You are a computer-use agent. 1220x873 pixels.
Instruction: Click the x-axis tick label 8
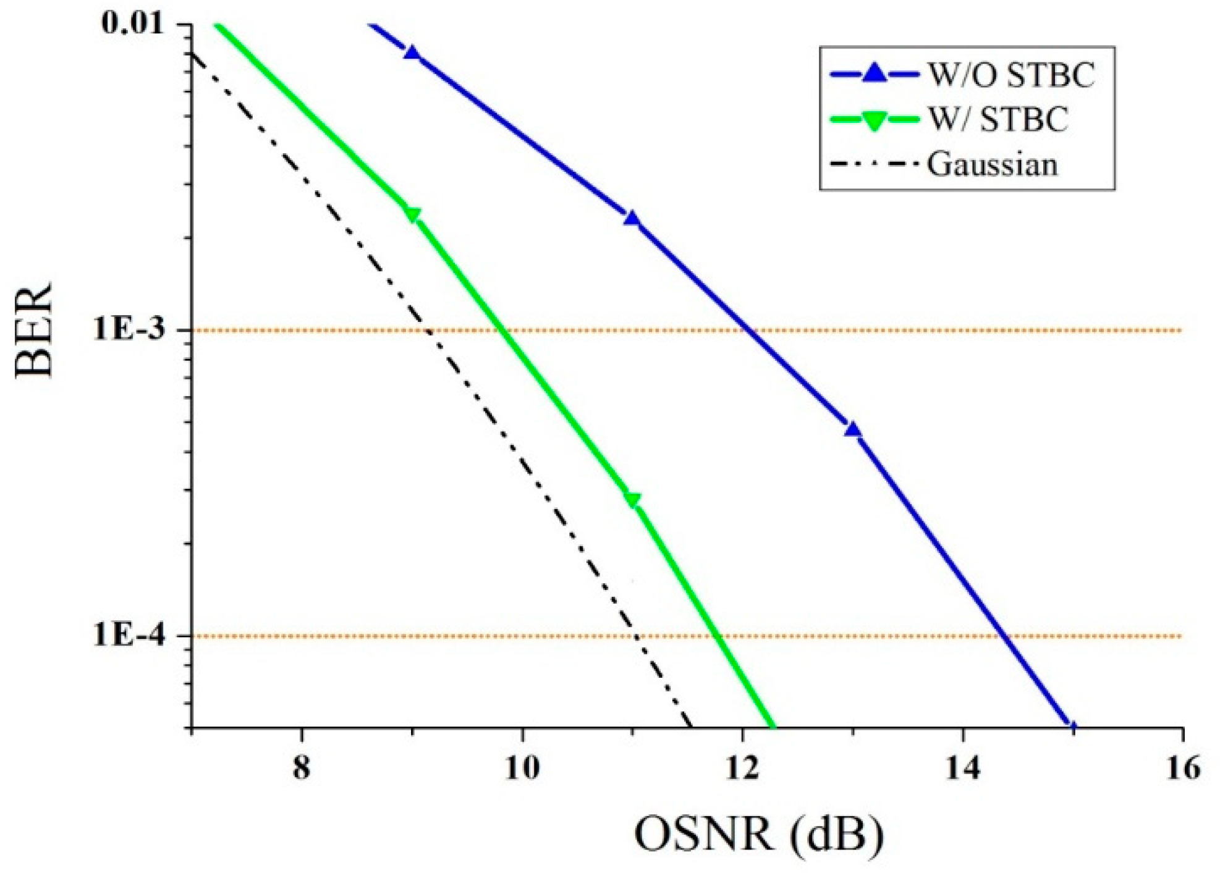point(301,769)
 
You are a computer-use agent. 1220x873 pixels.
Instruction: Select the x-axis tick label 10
point(522,769)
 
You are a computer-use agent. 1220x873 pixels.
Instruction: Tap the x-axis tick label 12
point(742,769)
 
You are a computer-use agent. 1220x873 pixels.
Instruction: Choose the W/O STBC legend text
point(1012,76)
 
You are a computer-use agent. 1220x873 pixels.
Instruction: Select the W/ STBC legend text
point(998,119)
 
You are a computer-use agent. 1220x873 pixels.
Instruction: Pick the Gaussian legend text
point(992,164)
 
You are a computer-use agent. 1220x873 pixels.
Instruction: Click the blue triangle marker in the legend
point(874,74)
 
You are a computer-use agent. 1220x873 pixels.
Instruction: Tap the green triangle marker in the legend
point(874,120)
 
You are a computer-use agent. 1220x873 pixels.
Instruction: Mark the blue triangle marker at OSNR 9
point(412,53)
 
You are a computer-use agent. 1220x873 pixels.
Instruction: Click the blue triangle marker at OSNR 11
point(632,218)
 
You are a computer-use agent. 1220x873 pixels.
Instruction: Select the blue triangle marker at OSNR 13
point(853,429)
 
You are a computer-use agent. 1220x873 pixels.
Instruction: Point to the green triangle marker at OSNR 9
point(412,214)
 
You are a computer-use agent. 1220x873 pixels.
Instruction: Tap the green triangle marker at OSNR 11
point(632,500)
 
